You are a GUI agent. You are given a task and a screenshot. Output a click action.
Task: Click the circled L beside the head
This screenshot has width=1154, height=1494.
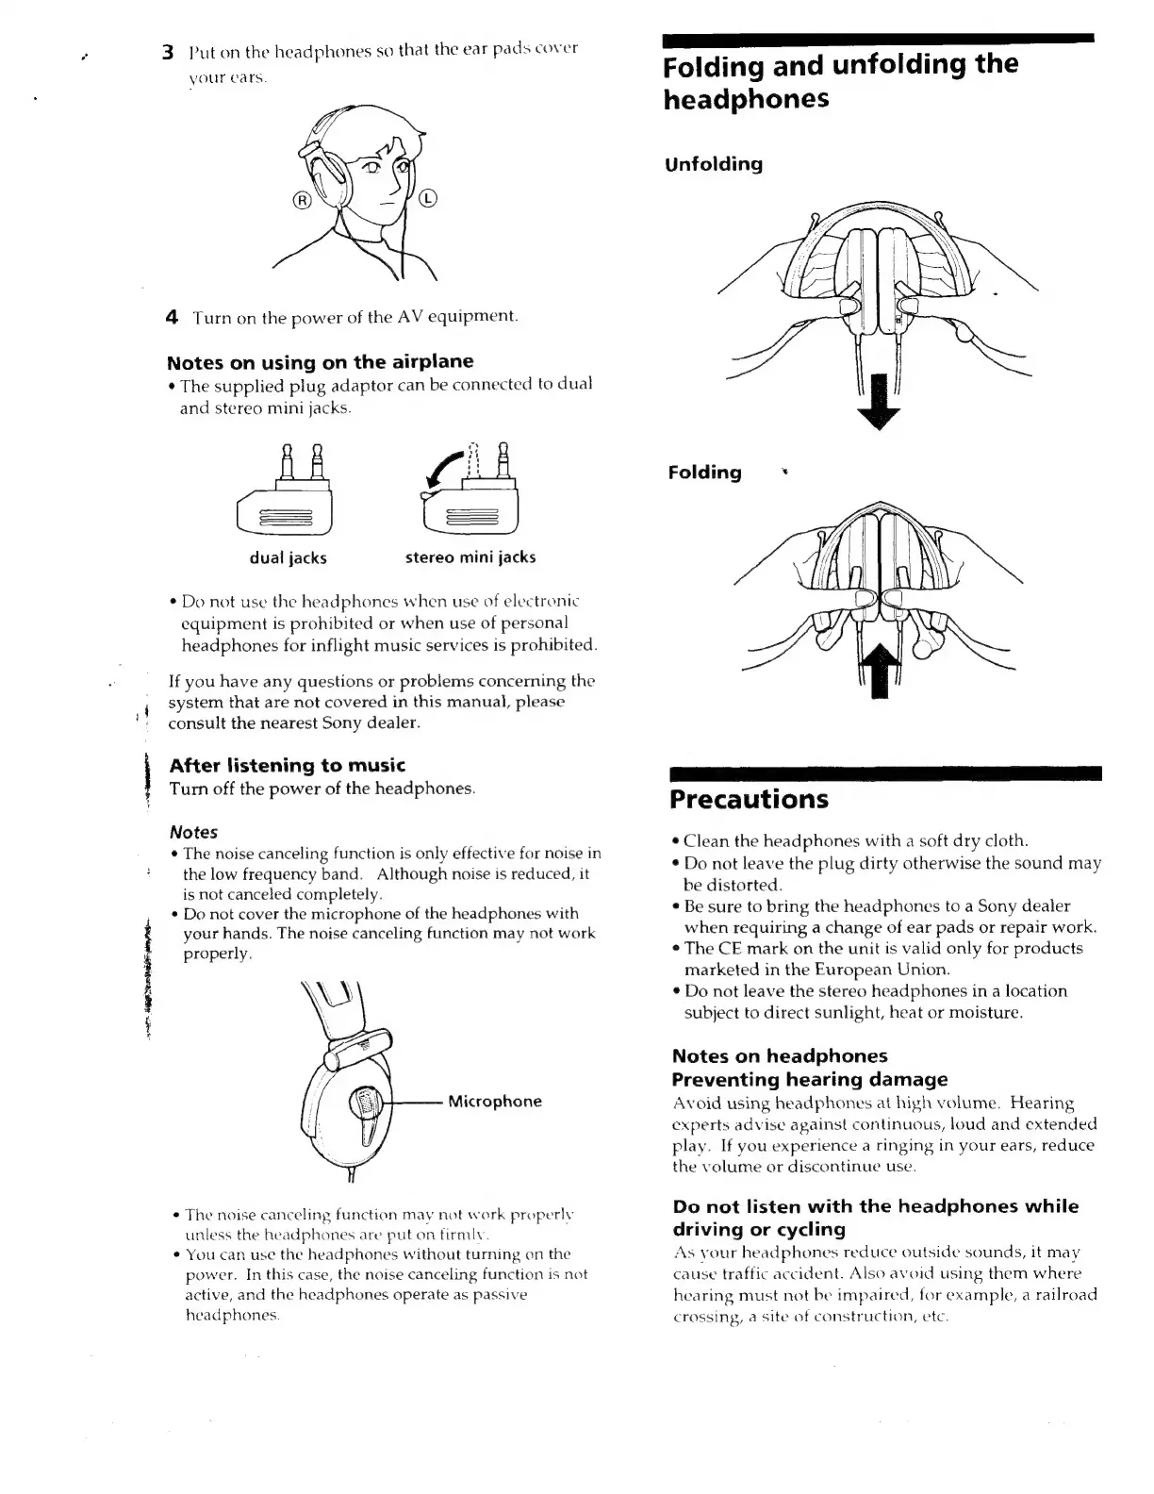(428, 198)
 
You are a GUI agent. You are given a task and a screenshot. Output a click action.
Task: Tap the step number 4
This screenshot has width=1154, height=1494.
(172, 317)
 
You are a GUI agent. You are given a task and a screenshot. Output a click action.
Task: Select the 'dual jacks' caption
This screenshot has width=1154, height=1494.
(288, 557)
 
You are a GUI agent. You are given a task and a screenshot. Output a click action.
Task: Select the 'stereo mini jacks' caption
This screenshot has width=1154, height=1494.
(470, 557)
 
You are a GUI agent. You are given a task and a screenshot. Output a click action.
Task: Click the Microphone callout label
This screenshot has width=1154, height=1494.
(495, 1102)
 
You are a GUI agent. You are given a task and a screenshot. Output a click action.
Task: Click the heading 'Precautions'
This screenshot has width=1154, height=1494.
(749, 800)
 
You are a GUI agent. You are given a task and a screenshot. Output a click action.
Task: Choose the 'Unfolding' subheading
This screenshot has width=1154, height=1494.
(714, 164)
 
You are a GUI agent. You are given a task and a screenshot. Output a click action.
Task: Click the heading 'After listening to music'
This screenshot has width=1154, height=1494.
(287, 765)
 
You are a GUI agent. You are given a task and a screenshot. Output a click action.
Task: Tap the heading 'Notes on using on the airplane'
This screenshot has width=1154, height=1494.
(320, 362)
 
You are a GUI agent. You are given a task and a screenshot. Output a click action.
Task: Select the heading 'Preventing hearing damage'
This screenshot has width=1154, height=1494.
(810, 1079)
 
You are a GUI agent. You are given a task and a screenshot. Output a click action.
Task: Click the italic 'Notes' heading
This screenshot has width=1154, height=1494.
(193, 832)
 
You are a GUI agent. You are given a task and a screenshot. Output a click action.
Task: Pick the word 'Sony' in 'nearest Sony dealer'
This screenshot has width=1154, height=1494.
(341, 723)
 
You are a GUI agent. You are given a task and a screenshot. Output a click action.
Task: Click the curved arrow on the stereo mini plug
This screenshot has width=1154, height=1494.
(442, 470)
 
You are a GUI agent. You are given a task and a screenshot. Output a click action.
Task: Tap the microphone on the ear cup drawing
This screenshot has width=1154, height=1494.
(365, 1102)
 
